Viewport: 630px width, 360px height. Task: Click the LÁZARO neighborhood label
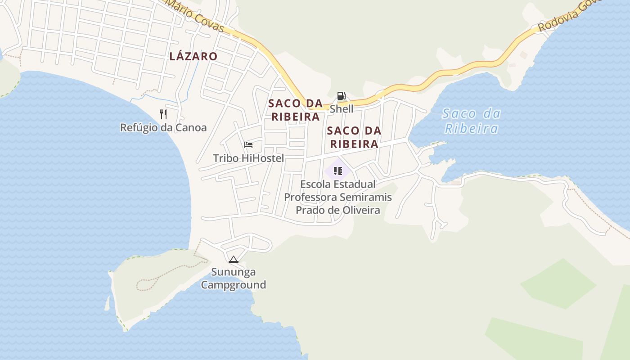(193, 56)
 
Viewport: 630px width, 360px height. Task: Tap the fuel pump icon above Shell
(341, 96)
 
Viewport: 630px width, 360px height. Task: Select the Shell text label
(342, 109)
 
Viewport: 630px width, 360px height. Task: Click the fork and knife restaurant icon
(163, 114)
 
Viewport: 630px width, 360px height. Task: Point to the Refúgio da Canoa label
(163, 128)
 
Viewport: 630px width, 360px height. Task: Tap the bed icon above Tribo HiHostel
(248, 145)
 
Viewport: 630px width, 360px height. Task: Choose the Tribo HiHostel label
(248, 158)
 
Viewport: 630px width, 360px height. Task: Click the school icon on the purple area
(338, 171)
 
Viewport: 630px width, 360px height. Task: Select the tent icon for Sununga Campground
(233, 259)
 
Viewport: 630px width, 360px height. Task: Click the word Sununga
(234, 272)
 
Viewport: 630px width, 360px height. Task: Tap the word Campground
(233, 285)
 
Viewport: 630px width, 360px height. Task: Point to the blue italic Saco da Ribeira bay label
(471, 121)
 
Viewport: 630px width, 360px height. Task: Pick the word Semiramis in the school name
(366, 197)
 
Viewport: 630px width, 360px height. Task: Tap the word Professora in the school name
(310, 197)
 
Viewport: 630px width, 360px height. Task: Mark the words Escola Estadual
(338, 184)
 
